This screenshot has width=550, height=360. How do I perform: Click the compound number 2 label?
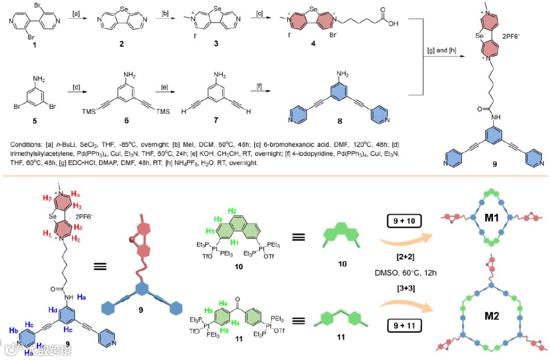click(122, 44)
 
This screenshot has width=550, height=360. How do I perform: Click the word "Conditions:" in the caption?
click(25, 145)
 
